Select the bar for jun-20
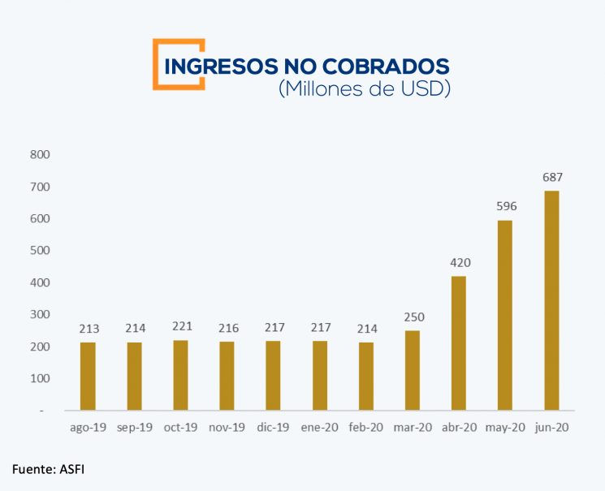tap(551, 300)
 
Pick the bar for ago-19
tap(88, 377)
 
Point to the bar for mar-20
tap(413, 370)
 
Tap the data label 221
tap(180, 326)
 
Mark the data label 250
tap(413, 317)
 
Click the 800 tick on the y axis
tap(39, 154)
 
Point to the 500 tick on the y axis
tap(39, 251)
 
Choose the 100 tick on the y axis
tap(39, 378)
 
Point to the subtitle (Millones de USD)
tap(364, 89)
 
